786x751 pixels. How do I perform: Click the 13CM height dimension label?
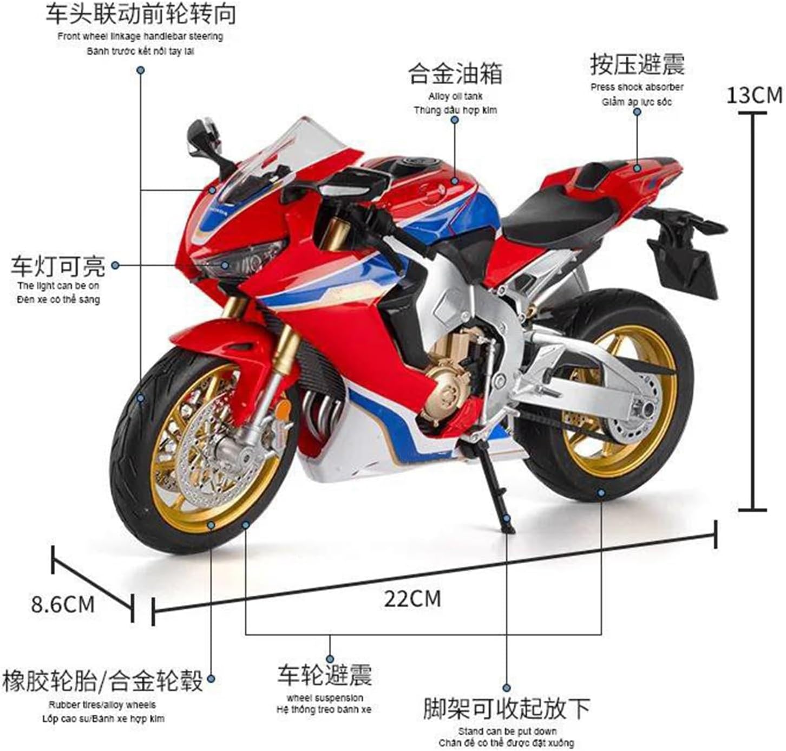[x=754, y=95]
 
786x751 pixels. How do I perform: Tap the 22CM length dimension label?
[x=412, y=599]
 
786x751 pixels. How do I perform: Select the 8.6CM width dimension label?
[x=63, y=604]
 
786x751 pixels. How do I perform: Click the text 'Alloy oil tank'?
[x=455, y=96]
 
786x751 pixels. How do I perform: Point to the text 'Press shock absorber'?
[x=637, y=87]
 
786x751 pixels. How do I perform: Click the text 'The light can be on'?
[x=58, y=285]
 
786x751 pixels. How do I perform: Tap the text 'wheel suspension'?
[x=325, y=698]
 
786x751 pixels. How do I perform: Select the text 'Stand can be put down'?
[x=507, y=731]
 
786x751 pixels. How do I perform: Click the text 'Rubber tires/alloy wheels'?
[x=102, y=705]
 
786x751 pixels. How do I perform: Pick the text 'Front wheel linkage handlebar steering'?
[x=140, y=37]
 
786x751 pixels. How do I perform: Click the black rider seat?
[x=558, y=211]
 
